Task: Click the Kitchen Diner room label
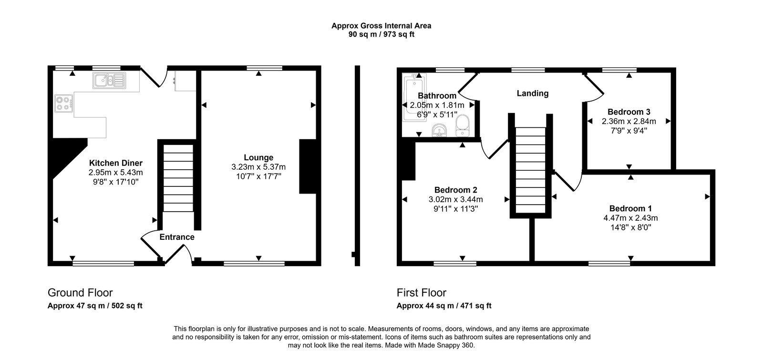click(x=115, y=163)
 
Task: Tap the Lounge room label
click(x=258, y=157)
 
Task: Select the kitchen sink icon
click(x=109, y=81)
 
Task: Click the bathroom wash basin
click(x=439, y=130)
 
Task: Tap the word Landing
click(x=533, y=93)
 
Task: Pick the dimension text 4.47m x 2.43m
click(x=630, y=218)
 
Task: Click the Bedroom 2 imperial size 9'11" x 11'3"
click(x=455, y=209)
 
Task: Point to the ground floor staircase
click(x=178, y=179)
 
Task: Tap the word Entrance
click(x=177, y=237)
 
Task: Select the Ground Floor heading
click(x=80, y=293)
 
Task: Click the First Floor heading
click(x=421, y=293)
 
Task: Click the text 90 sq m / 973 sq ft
click(x=381, y=34)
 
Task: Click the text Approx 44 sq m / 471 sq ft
click(x=443, y=306)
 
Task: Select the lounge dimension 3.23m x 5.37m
click(x=258, y=167)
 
